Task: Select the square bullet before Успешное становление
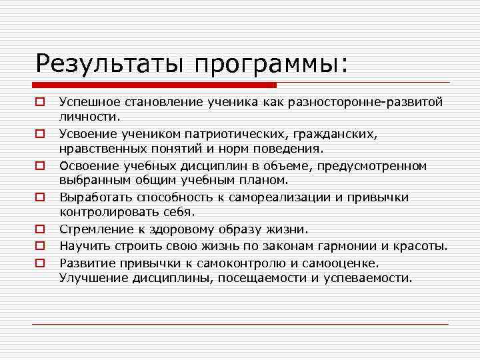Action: [x=40, y=103]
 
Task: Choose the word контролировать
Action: [x=106, y=212]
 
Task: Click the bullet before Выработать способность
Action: [x=40, y=198]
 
